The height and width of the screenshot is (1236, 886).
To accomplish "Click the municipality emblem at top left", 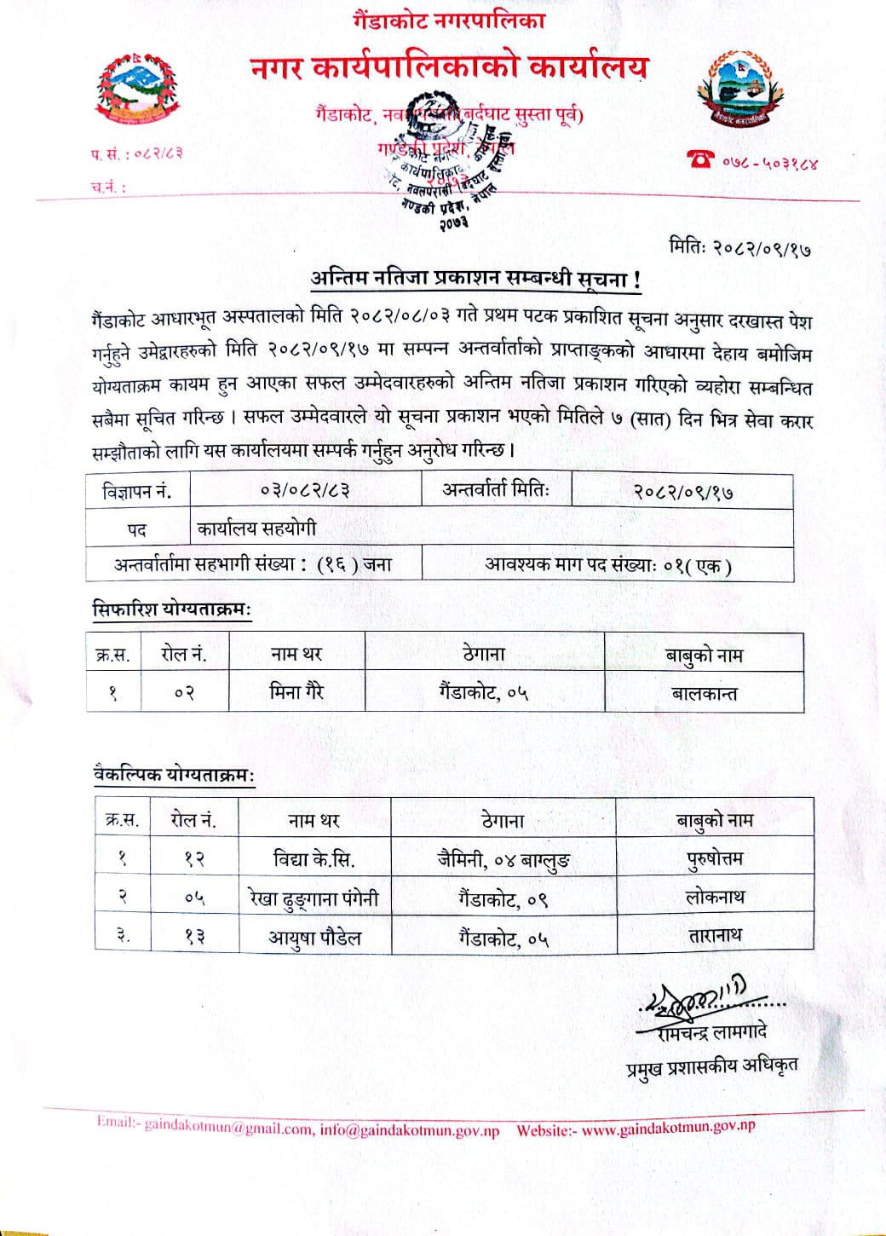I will click(139, 88).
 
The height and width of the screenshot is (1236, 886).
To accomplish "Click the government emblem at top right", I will click(738, 90).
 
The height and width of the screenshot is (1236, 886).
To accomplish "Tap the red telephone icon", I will click(702, 158).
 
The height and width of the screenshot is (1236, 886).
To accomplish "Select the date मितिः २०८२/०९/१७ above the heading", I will click(739, 248).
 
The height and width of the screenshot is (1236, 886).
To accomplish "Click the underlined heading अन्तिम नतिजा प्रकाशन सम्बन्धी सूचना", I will click(475, 278).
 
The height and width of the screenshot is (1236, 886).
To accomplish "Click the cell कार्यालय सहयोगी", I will click(257, 528).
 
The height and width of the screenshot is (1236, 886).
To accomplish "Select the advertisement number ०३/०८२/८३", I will click(306, 491).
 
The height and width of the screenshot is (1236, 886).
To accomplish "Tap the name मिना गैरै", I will click(296, 691).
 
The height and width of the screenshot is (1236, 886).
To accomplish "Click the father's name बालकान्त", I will click(705, 693).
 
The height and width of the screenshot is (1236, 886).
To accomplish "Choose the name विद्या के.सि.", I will click(314, 858).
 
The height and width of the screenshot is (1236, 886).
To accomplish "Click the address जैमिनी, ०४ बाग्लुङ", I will click(503, 859).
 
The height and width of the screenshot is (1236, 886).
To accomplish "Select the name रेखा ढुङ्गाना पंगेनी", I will click(314, 898).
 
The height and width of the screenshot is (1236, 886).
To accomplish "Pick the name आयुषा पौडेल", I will click(315, 937).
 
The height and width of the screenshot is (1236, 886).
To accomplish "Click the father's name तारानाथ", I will click(715, 935).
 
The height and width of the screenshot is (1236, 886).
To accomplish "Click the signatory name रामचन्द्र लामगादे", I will click(712, 1032).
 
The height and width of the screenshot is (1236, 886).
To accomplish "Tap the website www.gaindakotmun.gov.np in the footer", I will click(669, 1129).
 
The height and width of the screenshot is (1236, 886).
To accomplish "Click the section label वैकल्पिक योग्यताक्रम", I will click(174, 775).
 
